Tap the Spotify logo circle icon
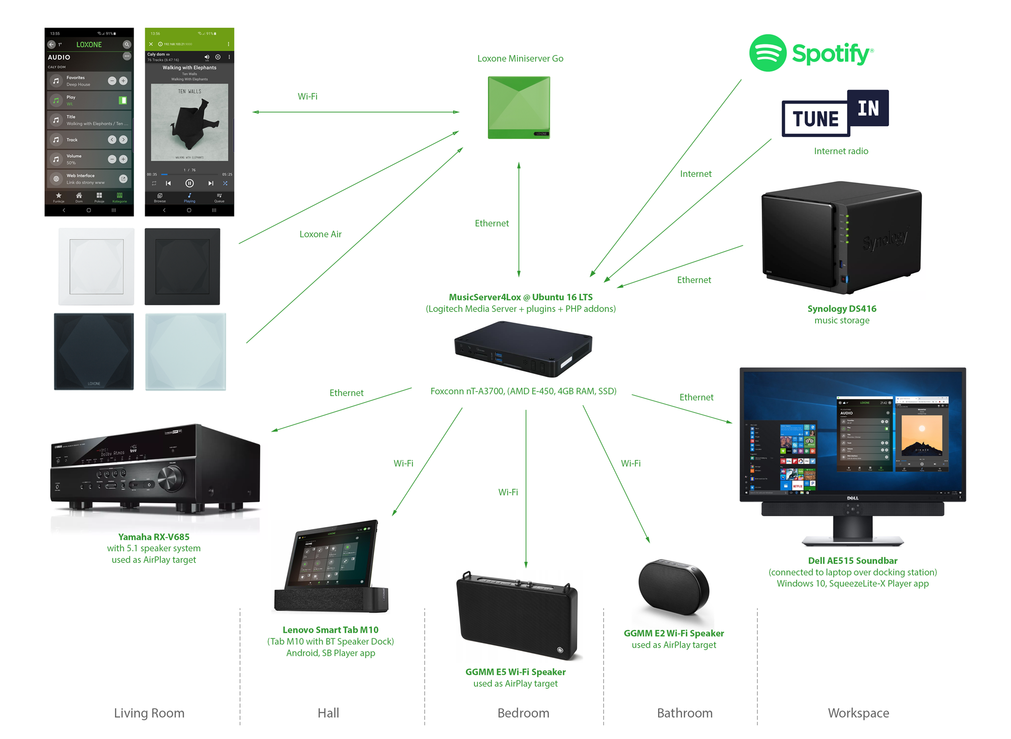click(767, 53)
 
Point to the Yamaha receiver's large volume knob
click(171, 477)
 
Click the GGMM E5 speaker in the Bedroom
click(517, 615)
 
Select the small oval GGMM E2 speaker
click(673, 588)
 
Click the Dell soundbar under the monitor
click(853, 509)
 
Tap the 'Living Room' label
click(149, 713)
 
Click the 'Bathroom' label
click(684, 713)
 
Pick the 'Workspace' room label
click(858, 713)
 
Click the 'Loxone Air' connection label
click(320, 234)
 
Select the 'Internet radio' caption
click(841, 151)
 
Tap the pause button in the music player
click(190, 183)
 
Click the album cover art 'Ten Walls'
click(190, 122)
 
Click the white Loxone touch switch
click(96, 267)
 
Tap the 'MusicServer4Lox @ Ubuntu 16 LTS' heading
click(520, 297)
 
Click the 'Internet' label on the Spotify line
click(696, 174)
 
